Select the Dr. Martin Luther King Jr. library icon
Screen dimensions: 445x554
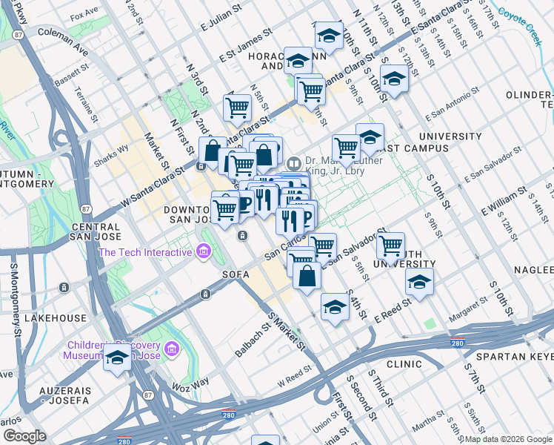pyautogui.click(x=294, y=162)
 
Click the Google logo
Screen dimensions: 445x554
pyautogui.click(x=25, y=435)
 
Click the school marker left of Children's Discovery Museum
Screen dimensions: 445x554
pyautogui.click(x=117, y=358)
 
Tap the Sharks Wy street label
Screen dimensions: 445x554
pyautogui.click(x=110, y=160)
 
